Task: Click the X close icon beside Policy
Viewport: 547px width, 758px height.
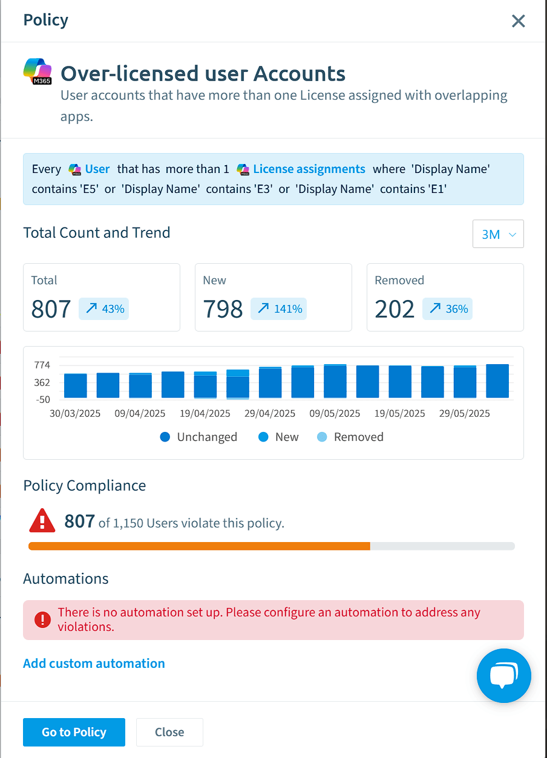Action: tap(518, 21)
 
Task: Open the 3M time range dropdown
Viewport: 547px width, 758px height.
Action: tap(498, 234)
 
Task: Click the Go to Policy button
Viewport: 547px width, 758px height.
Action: tap(74, 732)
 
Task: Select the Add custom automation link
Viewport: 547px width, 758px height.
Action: tap(94, 663)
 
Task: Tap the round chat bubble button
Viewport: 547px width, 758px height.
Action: tap(503, 676)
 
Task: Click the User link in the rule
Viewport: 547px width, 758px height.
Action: tap(97, 169)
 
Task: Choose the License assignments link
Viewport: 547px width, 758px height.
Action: tap(309, 169)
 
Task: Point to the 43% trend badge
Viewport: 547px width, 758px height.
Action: tap(103, 309)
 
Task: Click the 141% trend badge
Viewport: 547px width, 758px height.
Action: tap(278, 309)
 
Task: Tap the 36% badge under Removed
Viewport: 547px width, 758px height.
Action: tap(447, 309)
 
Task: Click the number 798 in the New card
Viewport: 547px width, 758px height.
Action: tap(223, 309)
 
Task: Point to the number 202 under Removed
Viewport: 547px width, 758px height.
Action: tap(395, 309)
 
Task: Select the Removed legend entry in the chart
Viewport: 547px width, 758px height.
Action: tap(350, 437)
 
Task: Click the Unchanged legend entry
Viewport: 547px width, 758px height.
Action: tap(198, 437)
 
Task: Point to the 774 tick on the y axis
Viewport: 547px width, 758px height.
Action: tap(42, 365)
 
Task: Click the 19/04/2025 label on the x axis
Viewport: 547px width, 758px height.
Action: tap(205, 413)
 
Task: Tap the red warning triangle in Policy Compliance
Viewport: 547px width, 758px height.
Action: tap(42, 521)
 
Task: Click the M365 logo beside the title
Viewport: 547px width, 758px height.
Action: tap(38, 71)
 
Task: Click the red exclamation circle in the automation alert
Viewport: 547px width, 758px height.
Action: tap(42, 619)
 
